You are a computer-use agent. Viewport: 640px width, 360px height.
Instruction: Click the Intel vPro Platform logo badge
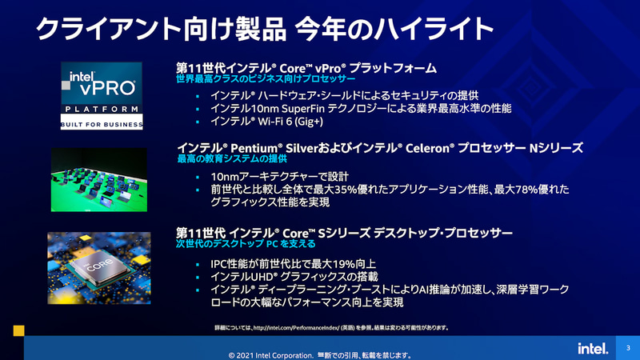pyautogui.click(x=102, y=95)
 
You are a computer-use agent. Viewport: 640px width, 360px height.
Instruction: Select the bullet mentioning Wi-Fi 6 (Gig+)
pyautogui.click(x=266, y=122)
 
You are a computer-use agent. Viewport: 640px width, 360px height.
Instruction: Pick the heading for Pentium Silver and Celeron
pyautogui.click(x=379, y=149)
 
